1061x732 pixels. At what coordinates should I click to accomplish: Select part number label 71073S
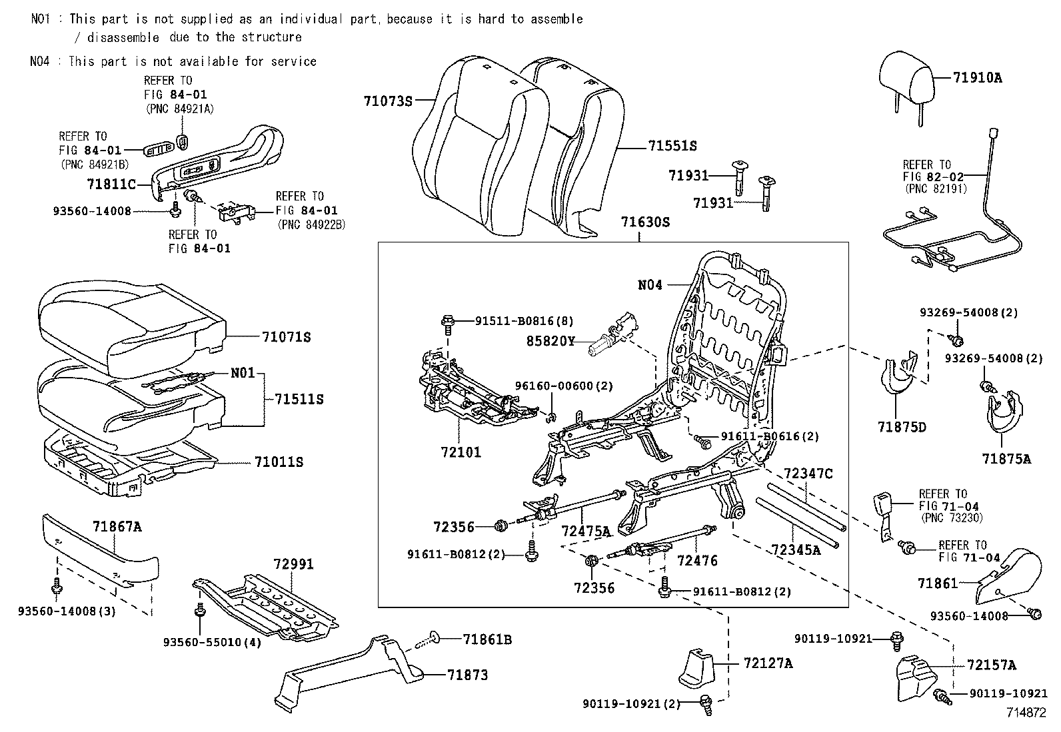click(x=389, y=101)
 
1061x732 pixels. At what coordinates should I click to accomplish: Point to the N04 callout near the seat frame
click(x=650, y=285)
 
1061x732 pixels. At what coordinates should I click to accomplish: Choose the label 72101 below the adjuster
click(x=461, y=452)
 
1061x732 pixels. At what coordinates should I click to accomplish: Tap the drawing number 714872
click(x=1026, y=712)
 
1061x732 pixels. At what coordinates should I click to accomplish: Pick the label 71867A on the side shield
click(x=117, y=527)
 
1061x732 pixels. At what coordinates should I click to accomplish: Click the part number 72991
click(x=293, y=564)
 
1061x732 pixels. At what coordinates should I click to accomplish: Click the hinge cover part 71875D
click(x=899, y=380)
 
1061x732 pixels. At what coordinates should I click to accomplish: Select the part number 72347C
click(x=808, y=474)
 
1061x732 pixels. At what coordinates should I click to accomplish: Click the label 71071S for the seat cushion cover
click(x=287, y=337)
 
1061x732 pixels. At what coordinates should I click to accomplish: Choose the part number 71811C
click(x=111, y=183)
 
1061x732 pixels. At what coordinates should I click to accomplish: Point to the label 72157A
click(x=992, y=665)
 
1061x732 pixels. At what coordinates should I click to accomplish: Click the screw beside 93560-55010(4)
click(x=199, y=611)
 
